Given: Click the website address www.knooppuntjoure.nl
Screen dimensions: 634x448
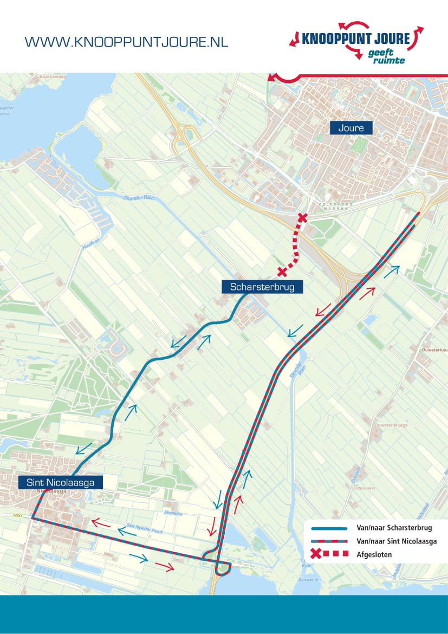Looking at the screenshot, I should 126,42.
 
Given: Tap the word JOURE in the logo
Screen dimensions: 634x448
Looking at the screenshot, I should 389,39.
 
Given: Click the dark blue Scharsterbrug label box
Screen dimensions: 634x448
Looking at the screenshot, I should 262,287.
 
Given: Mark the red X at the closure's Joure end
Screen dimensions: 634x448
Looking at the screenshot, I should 302,218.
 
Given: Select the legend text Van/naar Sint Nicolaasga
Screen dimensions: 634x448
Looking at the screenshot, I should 396,541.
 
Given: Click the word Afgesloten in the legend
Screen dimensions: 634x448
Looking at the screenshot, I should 374,554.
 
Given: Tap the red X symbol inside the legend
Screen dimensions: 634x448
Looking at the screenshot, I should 316,554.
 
